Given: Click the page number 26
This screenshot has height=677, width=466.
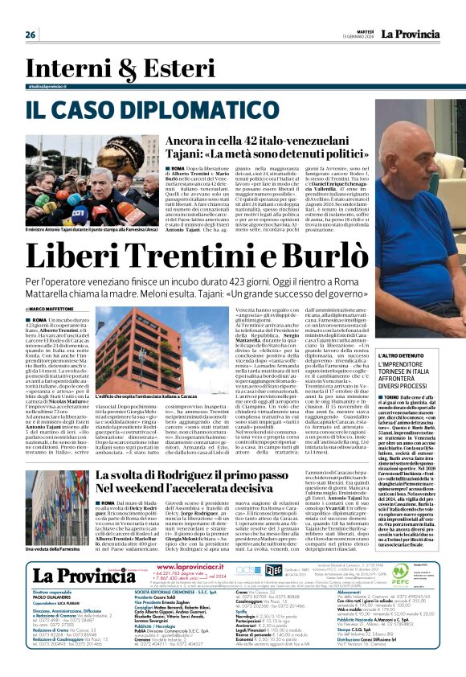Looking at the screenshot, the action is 31,35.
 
